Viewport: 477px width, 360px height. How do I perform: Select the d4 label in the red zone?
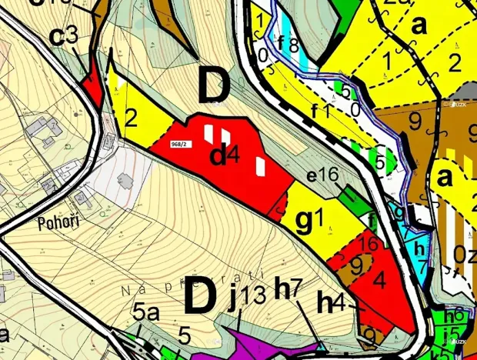coord(225,156)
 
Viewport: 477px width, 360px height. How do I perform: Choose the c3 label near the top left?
coord(64,35)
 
